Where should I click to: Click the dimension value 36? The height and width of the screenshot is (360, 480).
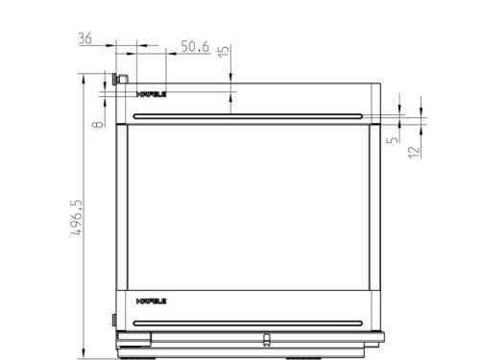84,38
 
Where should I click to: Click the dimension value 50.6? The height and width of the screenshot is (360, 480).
195,45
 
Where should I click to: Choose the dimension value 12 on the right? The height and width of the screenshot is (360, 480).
413,150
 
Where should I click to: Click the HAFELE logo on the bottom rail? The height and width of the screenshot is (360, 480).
153,300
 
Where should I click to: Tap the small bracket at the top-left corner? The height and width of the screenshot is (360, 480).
120,78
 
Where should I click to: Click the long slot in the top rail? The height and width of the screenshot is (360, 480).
250,116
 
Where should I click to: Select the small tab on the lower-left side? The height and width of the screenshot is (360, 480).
113,318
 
